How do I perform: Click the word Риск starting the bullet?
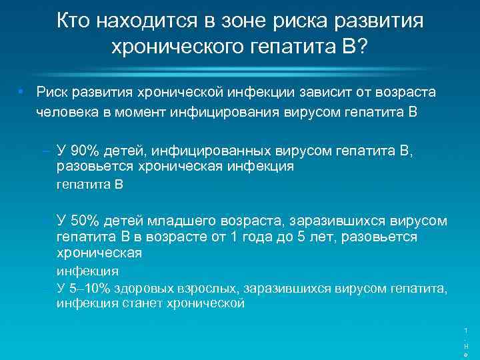click(x=51, y=92)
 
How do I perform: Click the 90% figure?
click(x=83, y=152)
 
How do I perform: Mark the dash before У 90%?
click(x=46, y=152)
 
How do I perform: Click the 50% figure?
click(x=83, y=221)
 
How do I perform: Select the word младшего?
click(x=171, y=221)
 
